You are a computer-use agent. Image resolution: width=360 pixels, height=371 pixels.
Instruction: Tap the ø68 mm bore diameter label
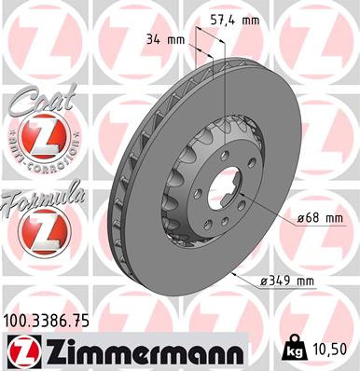tap(318, 219)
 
